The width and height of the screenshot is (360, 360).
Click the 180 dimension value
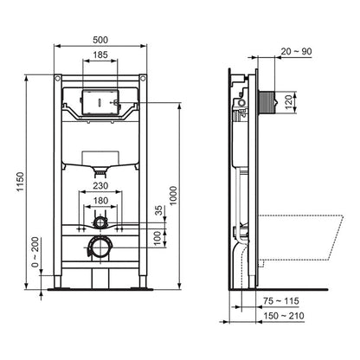(100, 202)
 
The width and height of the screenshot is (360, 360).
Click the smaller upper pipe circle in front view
(100, 222)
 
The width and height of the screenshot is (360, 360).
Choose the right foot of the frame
(142, 285)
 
